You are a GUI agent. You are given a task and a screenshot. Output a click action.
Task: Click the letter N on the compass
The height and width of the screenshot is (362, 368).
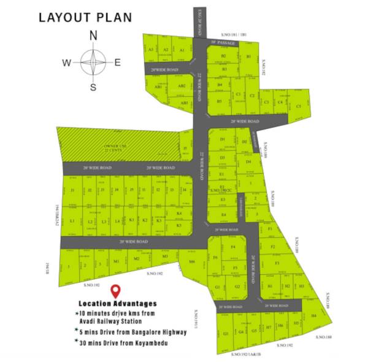[93, 36]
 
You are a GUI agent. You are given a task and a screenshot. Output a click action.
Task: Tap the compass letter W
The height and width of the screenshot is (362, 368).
[67, 62]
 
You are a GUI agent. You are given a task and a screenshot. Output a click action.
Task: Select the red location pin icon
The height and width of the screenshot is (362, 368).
[115, 291]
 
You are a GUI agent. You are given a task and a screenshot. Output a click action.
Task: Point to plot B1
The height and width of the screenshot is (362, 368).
[248, 56]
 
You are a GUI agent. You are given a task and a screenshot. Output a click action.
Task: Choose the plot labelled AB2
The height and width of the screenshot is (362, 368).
[182, 87]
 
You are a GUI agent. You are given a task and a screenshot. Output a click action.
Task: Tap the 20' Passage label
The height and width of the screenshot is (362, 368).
[222, 43]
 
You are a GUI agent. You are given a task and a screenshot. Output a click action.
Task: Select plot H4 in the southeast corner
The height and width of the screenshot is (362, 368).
[313, 315]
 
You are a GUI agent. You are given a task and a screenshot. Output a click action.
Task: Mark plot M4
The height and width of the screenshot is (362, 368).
[192, 261]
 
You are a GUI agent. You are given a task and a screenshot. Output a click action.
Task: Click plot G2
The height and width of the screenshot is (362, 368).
[237, 287]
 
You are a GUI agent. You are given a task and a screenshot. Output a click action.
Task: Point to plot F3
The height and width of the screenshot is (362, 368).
[277, 263]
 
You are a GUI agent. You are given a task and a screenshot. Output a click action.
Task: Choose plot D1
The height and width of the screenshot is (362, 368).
[223, 140]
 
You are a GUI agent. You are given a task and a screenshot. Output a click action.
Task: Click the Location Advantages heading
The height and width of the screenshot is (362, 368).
[117, 303]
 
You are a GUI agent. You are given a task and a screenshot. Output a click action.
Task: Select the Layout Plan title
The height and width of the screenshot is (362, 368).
[85, 17]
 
